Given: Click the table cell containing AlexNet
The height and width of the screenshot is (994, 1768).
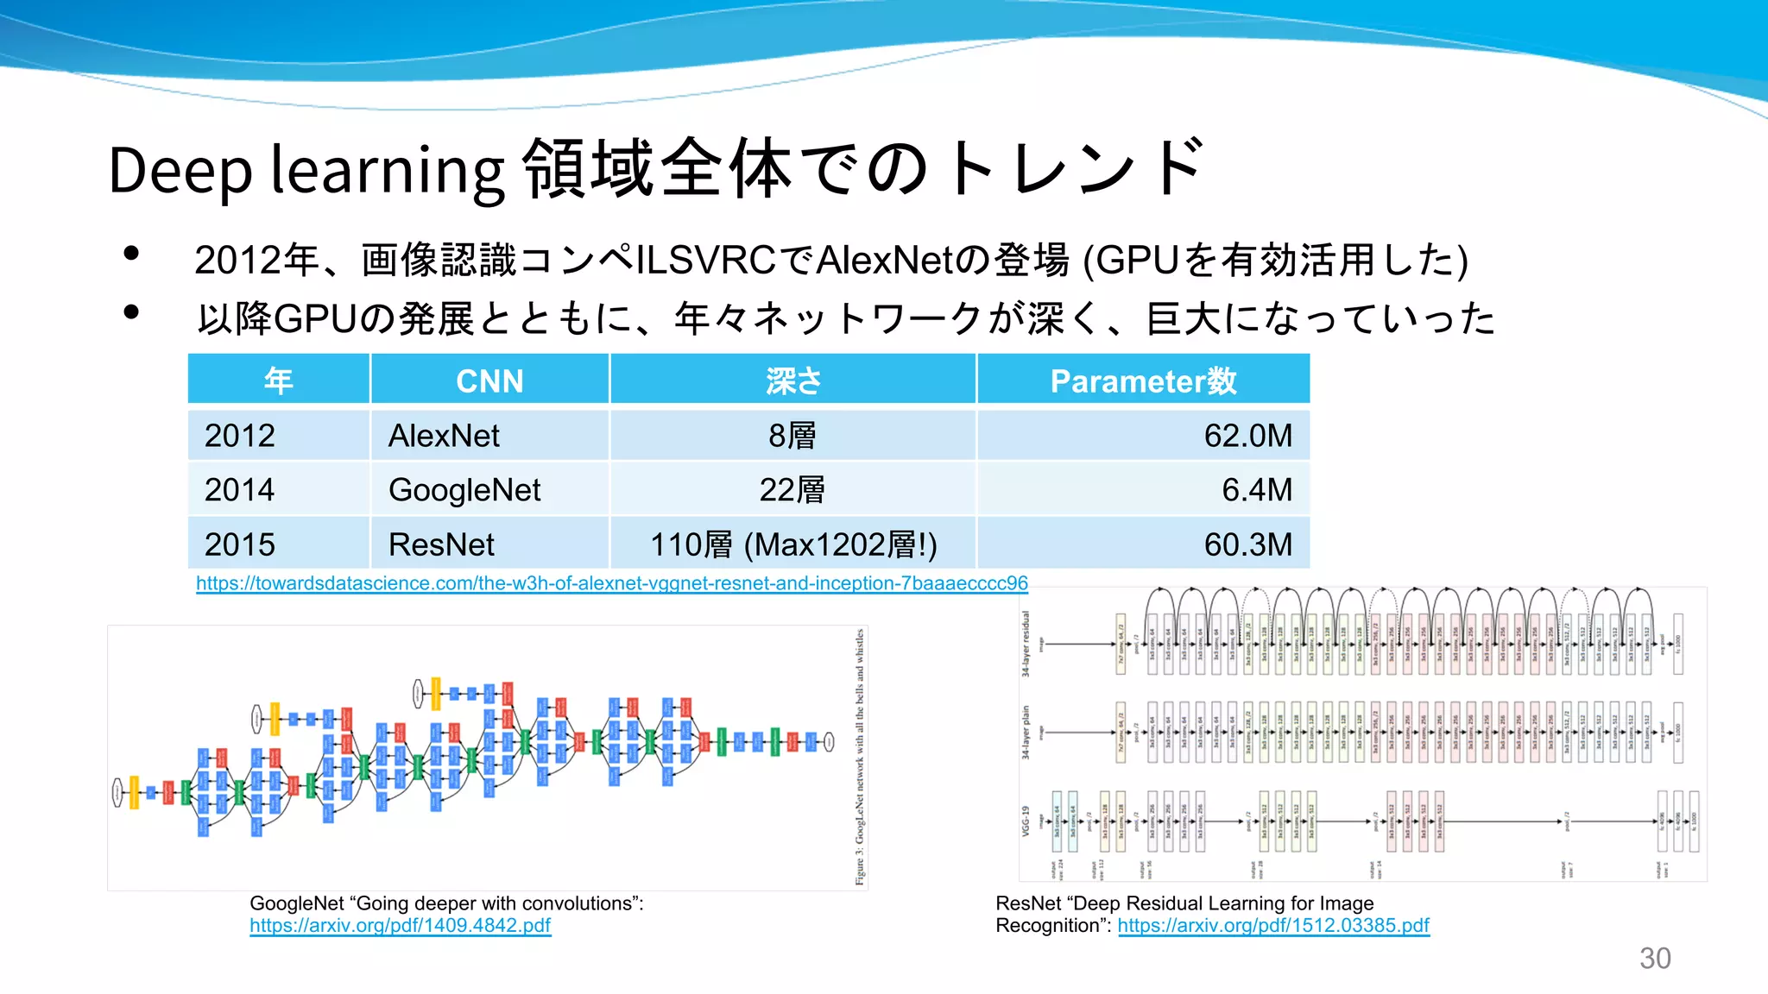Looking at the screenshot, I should [444, 436].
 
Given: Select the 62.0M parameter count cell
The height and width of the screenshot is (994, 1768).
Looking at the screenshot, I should [1247, 436].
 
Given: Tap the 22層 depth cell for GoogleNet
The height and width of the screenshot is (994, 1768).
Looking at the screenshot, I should [792, 490].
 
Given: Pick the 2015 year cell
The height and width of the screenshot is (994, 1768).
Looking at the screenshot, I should [240, 544].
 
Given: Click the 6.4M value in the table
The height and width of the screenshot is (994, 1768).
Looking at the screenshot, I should [1256, 490].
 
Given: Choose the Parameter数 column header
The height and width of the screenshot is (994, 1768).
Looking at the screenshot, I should [1143, 381].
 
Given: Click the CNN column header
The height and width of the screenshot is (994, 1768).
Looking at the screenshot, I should [489, 381].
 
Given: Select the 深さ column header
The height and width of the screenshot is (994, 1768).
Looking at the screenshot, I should [792, 381].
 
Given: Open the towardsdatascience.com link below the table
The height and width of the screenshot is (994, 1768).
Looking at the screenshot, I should [611, 583].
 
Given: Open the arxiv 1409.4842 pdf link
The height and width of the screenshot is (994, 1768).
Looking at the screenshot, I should [400, 926].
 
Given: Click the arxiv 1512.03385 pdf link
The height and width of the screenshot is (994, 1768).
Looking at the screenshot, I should [1273, 926].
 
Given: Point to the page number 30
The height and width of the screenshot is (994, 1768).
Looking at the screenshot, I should [1655, 959].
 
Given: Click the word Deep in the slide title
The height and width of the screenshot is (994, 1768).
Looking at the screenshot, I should [180, 170].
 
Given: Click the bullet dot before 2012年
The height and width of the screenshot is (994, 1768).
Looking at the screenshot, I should [131, 253].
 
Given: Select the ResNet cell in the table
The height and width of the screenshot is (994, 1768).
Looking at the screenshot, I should [441, 544].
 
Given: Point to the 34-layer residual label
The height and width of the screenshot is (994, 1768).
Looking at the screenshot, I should [1026, 644].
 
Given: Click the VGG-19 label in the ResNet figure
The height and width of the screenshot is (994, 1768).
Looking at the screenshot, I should [1026, 821].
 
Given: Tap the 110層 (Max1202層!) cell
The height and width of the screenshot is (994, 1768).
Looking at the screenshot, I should [792, 544].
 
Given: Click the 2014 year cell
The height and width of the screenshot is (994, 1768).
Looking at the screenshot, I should [240, 490].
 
